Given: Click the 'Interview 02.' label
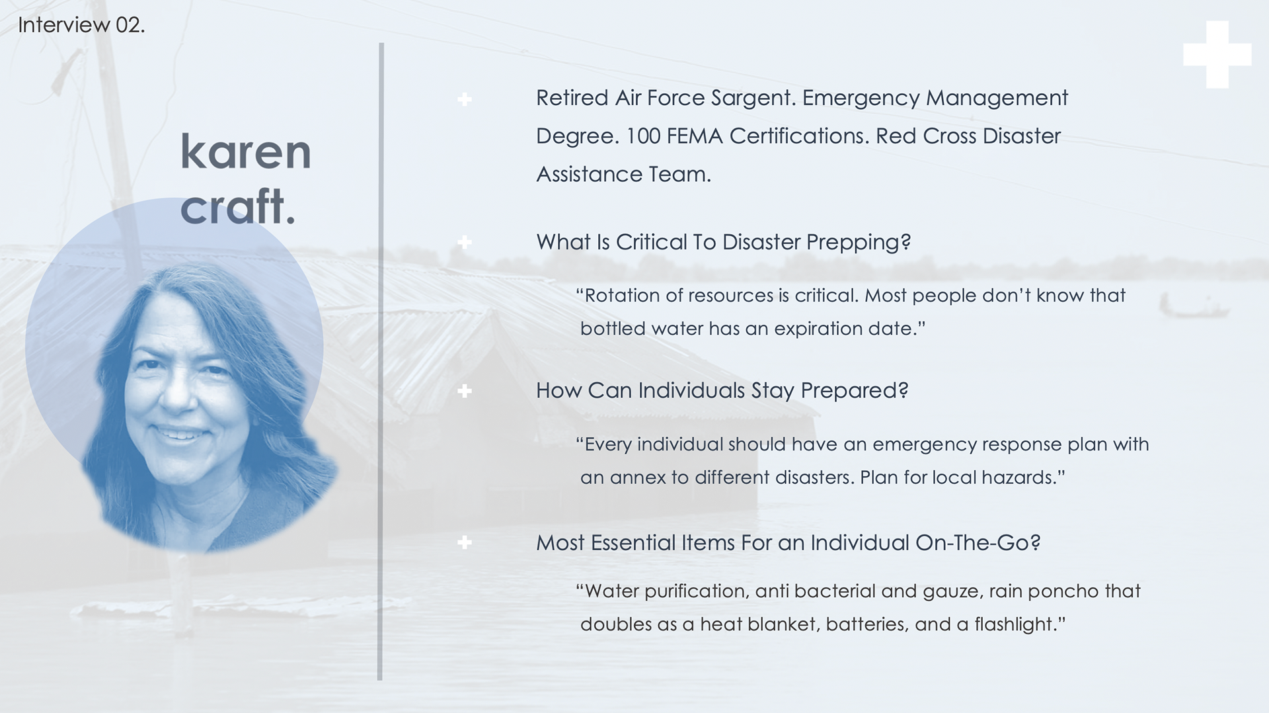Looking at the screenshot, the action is pyautogui.click(x=81, y=25).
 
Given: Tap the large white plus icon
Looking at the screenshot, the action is pyautogui.click(x=1217, y=54).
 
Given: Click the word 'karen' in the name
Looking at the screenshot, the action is pyautogui.click(x=245, y=151).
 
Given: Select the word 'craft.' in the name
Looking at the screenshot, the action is pyautogui.click(x=237, y=206).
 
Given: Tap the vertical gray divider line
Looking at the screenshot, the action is pyautogui.click(x=381, y=361).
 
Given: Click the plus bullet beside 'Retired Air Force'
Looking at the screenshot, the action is pyautogui.click(x=465, y=100).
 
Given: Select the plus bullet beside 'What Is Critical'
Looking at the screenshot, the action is pyautogui.click(x=465, y=242).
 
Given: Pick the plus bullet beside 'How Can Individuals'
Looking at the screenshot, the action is pyautogui.click(x=465, y=391).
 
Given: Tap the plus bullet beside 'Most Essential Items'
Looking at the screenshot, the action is pyautogui.click(x=465, y=542).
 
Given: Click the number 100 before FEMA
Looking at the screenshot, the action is pyautogui.click(x=642, y=136).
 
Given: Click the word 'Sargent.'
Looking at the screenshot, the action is pyautogui.click(x=753, y=99).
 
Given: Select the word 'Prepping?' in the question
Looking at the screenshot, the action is pyautogui.click(x=859, y=243).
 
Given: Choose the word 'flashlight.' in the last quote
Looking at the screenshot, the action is pyautogui.click(x=1020, y=624).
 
